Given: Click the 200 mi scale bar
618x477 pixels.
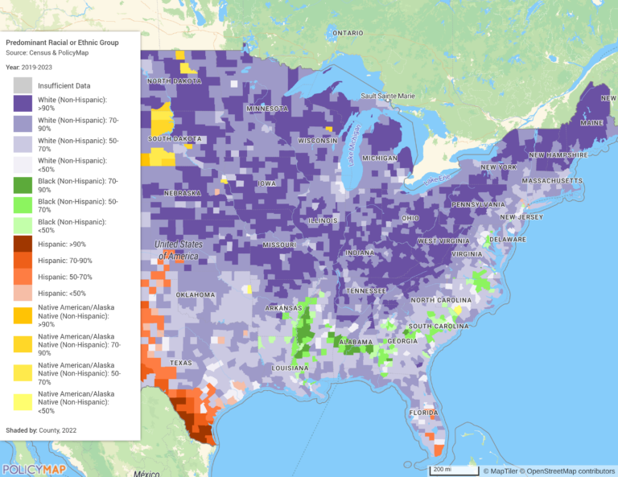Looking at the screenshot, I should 452,468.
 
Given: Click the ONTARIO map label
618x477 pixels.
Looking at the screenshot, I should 348,33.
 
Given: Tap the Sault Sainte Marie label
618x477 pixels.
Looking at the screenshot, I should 388,96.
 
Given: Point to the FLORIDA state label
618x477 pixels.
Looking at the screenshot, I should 422,413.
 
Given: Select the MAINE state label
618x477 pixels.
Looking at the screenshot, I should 591,122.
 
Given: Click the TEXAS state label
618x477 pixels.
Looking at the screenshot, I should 181,363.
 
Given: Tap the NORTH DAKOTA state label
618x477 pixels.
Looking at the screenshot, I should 174,81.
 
